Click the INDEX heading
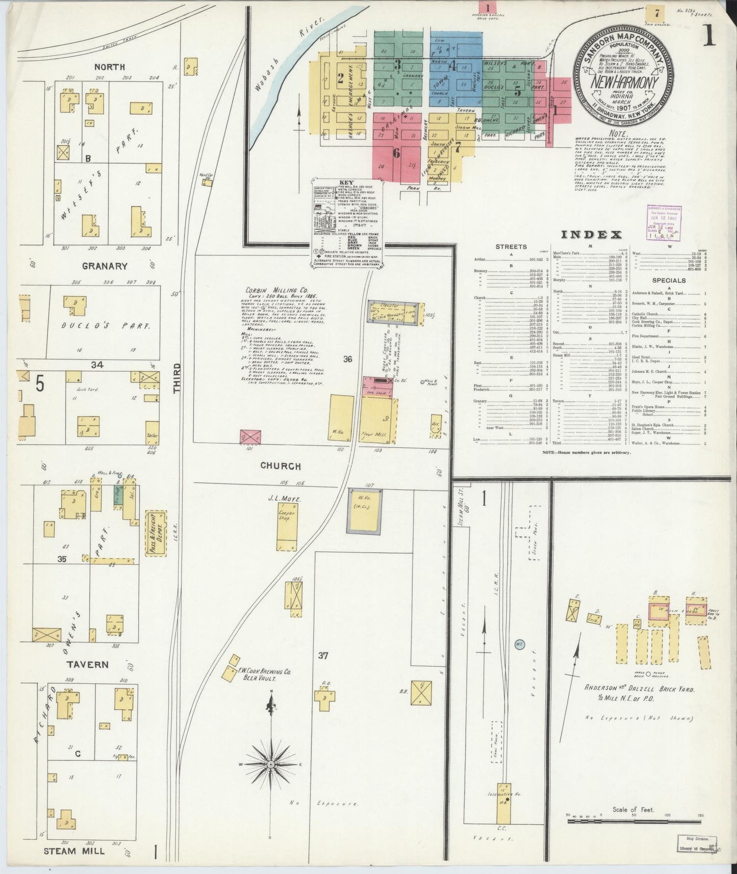click(x=591, y=235)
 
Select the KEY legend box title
click(x=347, y=182)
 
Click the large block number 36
click(x=347, y=359)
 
